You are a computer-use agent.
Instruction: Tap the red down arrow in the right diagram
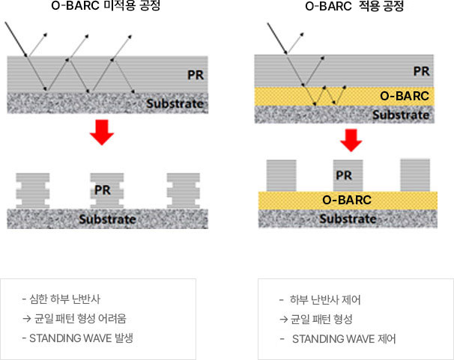(x=351, y=138)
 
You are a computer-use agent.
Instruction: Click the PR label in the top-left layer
(x=196, y=75)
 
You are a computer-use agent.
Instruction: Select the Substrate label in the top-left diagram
(x=175, y=103)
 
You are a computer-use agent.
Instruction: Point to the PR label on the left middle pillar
(x=103, y=190)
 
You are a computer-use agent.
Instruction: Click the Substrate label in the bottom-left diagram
(x=108, y=219)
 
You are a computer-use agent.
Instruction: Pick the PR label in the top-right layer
(x=421, y=72)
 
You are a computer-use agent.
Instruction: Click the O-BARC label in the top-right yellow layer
(x=405, y=96)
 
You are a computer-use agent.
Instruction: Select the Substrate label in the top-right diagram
(x=401, y=115)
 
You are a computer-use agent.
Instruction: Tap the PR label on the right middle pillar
(x=344, y=176)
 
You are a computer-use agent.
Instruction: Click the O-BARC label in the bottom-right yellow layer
(x=347, y=201)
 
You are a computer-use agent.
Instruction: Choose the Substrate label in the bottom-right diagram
(x=348, y=219)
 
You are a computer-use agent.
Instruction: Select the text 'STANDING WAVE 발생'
(x=82, y=338)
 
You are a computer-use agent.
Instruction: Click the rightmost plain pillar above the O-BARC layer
(x=417, y=174)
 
